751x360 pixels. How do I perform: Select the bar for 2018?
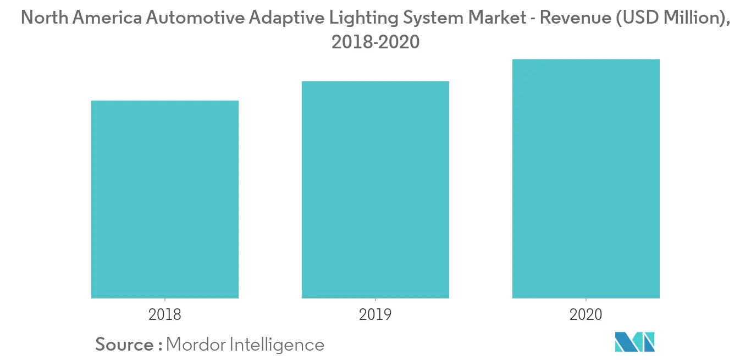tap(165, 200)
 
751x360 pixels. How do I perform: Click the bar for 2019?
tap(375, 190)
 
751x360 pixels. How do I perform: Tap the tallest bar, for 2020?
tap(586, 179)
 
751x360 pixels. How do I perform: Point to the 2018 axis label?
tap(165, 315)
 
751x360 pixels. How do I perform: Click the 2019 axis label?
tap(375, 315)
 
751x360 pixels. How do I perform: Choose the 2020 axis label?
tap(586, 315)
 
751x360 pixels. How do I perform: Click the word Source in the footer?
tap(125, 345)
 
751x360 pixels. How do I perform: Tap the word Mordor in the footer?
tap(196, 345)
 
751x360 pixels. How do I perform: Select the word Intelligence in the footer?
tap(277, 345)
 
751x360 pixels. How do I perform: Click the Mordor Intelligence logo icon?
tap(635, 342)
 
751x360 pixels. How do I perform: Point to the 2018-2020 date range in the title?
tap(375, 42)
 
